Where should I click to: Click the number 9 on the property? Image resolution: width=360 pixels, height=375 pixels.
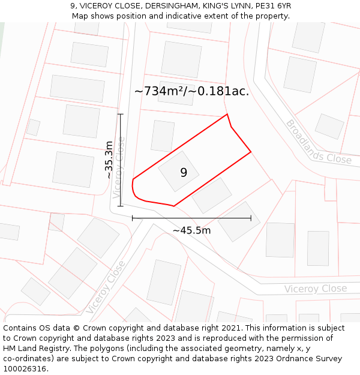(184, 173)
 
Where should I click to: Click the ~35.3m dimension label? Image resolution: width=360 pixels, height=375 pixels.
(109, 160)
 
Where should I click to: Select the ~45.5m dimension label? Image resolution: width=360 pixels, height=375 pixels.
(191, 230)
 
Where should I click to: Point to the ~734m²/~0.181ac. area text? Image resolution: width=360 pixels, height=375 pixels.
(191, 91)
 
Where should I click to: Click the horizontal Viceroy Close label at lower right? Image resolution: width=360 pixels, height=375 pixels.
(316, 289)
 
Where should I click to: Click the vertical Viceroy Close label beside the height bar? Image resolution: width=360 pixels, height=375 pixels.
(119, 167)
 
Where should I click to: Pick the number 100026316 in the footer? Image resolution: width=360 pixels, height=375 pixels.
(25, 369)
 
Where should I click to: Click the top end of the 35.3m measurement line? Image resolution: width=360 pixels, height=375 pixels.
(120, 114)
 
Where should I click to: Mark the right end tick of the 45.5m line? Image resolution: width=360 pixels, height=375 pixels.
(251, 218)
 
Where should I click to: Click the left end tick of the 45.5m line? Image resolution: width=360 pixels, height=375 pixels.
(132, 218)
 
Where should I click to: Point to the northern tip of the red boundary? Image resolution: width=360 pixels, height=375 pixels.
(227, 114)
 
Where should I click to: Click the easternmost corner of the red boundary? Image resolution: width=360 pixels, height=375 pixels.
(251, 152)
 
